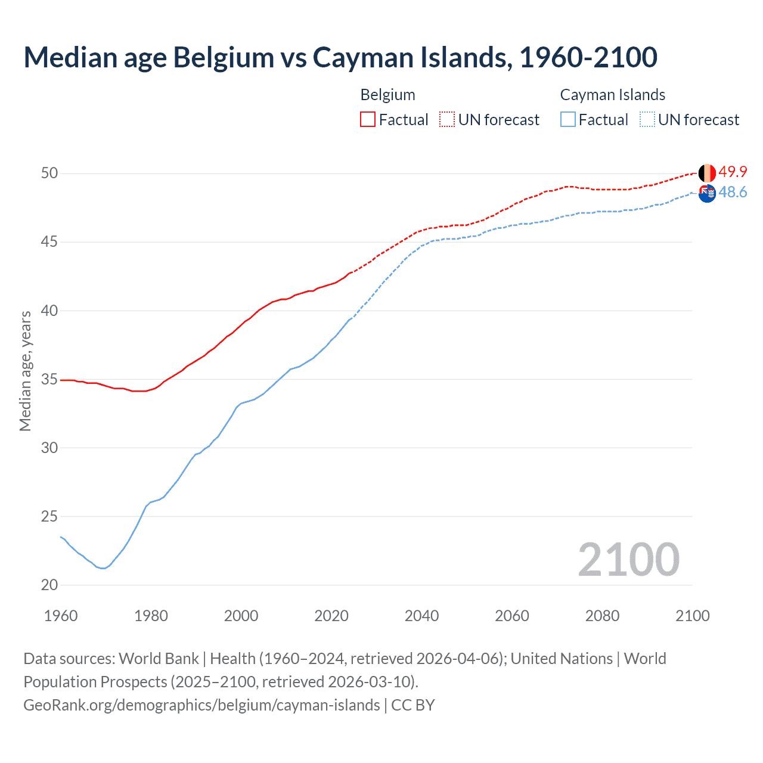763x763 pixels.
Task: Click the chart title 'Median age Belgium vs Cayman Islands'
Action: coord(340,58)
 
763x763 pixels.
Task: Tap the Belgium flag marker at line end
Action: coord(707,173)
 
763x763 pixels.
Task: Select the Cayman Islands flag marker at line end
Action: coord(707,193)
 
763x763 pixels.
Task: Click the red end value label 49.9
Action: coord(733,172)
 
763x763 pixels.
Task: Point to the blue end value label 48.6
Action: coord(733,192)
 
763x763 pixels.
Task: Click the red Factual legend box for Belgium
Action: coord(368,120)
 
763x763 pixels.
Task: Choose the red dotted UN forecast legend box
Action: coord(447,120)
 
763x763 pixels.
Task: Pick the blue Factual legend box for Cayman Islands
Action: coord(568,120)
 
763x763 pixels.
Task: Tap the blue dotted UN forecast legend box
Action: coord(647,120)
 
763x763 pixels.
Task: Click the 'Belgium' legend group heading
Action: coord(387,95)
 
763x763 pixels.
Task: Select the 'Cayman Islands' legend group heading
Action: coord(612,95)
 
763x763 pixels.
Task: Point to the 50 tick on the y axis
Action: coord(49,173)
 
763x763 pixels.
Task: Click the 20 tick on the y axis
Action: coord(49,585)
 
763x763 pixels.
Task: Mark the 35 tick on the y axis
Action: coord(49,379)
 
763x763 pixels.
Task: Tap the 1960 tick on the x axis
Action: coord(61,616)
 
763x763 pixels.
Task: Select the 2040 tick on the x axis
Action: coord(421,616)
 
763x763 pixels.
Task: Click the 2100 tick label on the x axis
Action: coord(692,616)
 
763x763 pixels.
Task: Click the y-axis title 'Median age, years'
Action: coord(25,371)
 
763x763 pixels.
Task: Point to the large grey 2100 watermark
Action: coord(628,560)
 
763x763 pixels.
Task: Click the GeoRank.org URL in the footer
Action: coord(201,705)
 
